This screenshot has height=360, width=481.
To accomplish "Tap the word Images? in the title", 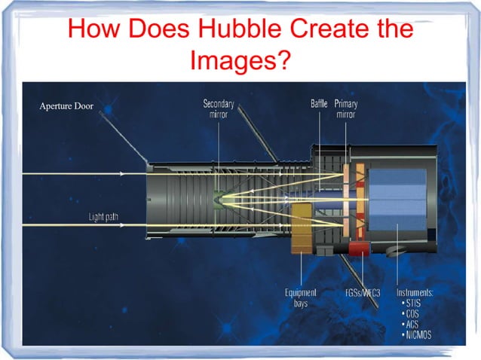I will click(x=240, y=59).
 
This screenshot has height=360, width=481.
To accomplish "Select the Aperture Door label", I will click(x=66, y=106).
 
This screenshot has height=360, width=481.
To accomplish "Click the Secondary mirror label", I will click(x=218, y=109).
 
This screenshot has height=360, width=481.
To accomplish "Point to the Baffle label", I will click(x=319, y=104).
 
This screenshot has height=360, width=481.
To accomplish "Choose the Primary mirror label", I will click(x=346, y=109).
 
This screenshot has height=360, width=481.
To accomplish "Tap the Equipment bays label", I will click(x=300, y=297).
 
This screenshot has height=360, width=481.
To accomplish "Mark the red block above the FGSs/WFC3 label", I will click(x=359, y=246).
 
